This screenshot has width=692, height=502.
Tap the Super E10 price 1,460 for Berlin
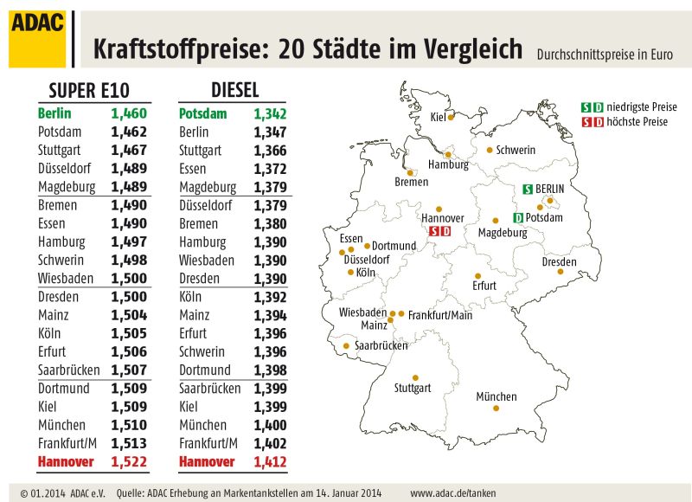point(129,113)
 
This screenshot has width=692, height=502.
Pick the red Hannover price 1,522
point(129,462)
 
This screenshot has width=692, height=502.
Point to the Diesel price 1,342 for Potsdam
point(270,113)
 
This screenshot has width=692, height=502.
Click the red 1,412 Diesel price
point(270,462)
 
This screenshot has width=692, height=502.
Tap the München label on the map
point(496,397)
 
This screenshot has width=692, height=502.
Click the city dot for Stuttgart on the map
point(415,377)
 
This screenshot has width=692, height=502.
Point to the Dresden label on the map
point(559,262)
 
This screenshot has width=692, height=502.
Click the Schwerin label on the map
point(516,150)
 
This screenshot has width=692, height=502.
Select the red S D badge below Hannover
point(440,231)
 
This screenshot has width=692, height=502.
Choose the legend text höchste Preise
point(638,122)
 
